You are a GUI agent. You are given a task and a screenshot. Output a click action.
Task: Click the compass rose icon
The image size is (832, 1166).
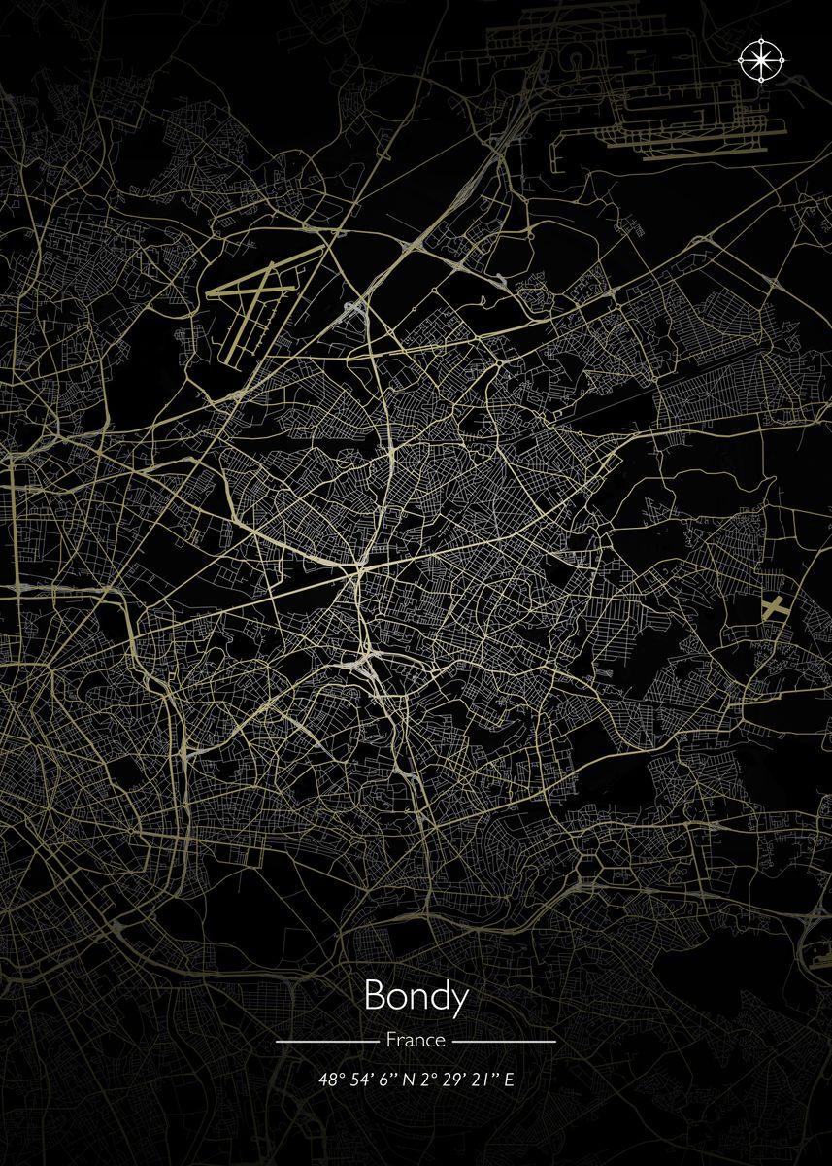[762, 60]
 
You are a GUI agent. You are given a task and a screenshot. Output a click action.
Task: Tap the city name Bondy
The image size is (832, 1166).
[416, 997]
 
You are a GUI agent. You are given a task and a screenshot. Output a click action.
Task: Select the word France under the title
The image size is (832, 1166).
[416, 1040]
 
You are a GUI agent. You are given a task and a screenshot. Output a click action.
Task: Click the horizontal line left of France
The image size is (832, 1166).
[326, 1041]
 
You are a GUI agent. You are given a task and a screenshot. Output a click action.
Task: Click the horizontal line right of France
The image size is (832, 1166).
[505, 1041]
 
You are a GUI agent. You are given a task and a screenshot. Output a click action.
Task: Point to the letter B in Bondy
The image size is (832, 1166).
[374, 996]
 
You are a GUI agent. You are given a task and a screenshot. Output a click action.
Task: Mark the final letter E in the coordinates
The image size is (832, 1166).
[509, 1080]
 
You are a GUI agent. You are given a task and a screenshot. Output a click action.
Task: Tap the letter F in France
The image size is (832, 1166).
[390, 1040]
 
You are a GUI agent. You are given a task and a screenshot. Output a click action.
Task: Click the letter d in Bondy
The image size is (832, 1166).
[438, 996]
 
